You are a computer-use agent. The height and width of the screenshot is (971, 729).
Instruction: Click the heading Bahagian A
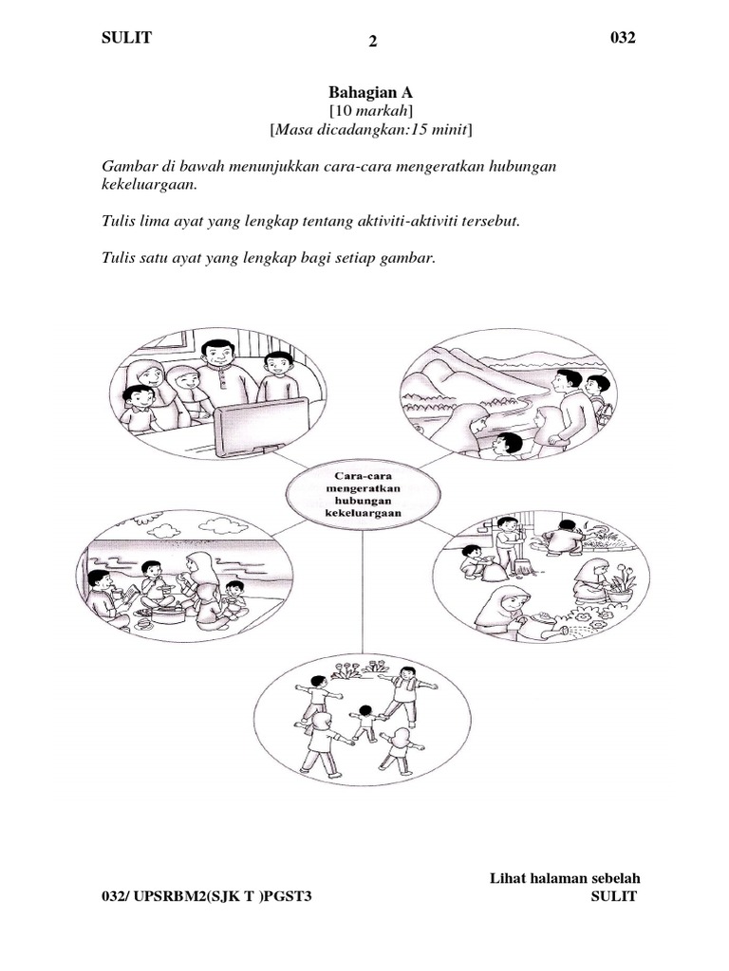pyautogui.click(x=370, y=93)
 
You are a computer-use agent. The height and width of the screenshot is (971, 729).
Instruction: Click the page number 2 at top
pyautogui.click(x=372, y=42)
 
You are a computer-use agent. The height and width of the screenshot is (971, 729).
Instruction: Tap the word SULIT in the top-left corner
pyautogui.click(x=126, y=38)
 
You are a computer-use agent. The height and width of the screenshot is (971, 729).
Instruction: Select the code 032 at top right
pyautogui.click(x=623, y=38)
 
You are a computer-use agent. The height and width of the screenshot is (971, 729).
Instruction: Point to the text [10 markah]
pyautogui.click(x=371, y=112)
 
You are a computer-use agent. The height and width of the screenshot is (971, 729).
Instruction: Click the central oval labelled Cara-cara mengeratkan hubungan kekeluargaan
pyautogui.click(x=364, y=495)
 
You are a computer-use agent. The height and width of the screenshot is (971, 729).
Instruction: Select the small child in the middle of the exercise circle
pyautogui.click(x=364, y=723)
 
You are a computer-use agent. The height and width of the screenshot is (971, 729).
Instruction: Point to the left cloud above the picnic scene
pyautogui.click(x=164, y=531)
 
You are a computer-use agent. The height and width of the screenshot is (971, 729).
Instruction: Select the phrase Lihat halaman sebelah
pyautogui.click(x=565, y=878)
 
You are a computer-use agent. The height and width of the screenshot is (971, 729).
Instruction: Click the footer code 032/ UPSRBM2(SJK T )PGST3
pyautogui.click(x=206, y=896)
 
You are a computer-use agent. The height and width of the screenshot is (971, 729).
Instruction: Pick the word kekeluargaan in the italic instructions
pyautogui.click(x=149, y=185)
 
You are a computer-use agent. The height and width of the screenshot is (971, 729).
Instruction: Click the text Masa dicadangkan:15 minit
pyautogui.click(x=371, y=130)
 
